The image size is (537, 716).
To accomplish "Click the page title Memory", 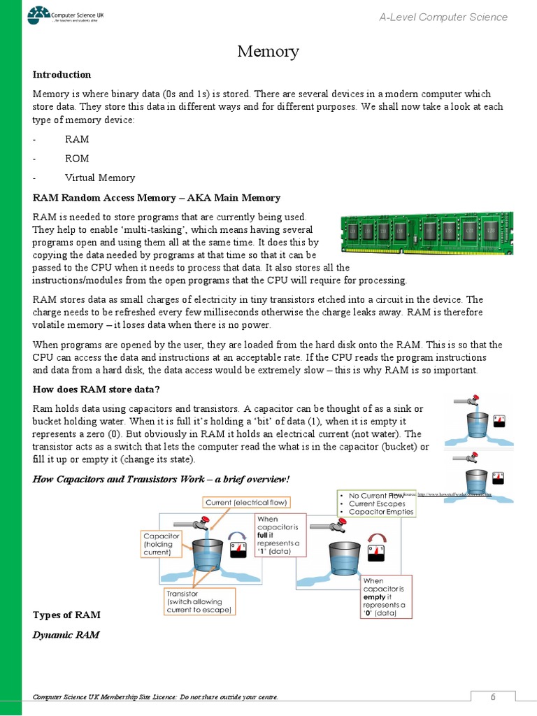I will pyautogui.click(x=268, y=51).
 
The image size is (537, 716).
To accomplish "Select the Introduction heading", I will pyautogui.click(x=62, y=75).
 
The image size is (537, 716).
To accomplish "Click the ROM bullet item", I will pyautogui.click(x=77, y=159).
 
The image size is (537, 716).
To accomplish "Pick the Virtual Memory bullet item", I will pyautogui.click(x=100, y=178).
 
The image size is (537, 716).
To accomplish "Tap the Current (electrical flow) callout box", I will pyautogui.click(x=246, y=503).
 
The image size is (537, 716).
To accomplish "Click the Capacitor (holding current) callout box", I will pyautogui.click(x=162, y=543).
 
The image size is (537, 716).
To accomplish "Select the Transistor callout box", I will pyautogui.click(x=199, y=601).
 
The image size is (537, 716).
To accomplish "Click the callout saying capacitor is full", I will pyautogui.click(x=280, y=535).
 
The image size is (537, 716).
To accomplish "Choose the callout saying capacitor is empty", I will pyautogui.click(x=385, y=596).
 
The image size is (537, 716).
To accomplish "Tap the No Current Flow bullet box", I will pyautogui.click(x=376, y=503).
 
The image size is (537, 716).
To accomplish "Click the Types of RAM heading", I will pyautogui.click(x=67, y=615).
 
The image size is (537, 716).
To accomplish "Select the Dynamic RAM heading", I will pyautogui.click(x=66, y=635).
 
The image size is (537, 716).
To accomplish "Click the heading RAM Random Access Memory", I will pyautogui.click(x=157, y=198).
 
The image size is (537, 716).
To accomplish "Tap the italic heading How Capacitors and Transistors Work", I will pyautogui.click(x=161, y=479).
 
